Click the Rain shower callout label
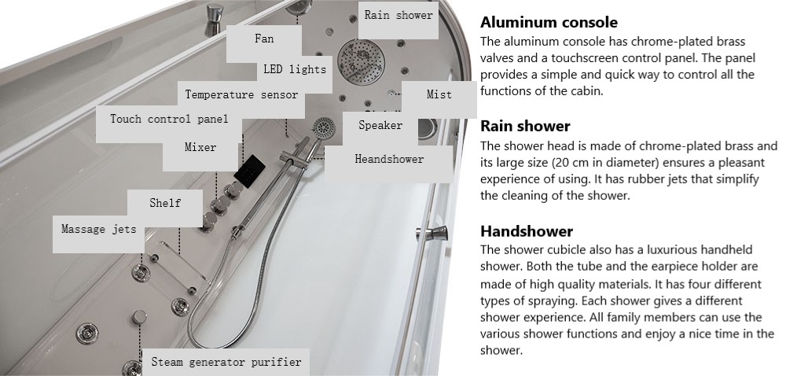pyautogui.click(x=399, y=16)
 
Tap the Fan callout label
pyautogui.click(x=264, y=39)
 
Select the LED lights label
pyautogui.click(x=295, y=70)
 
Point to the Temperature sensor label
pyautogui.click(x=241, y=94)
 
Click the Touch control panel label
pyautogui.click(x=169, y=120)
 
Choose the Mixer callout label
pyautogui.click(x=200, y=148)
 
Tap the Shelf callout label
pyautogui.click(x=165, y=203)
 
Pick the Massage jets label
pyautogui.click(x=99, y=230)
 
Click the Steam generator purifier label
pyautogui.click(x=226, y=362)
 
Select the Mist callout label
pyautogui.click(x=439, y=94)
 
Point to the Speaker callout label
pyautogui.click(x=380, y=125)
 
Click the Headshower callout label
pyautogui.click(x=389, y=160)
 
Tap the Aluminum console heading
pyautogui.click(x=549, y=23)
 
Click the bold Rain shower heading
pyautogui.click(x=525, y=126)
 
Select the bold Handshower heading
pyautogui.click(x=527, y=231)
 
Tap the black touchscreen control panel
pyautogui.click(x=250, y=171)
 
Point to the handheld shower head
pyautogui.click(x=324, y=128)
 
